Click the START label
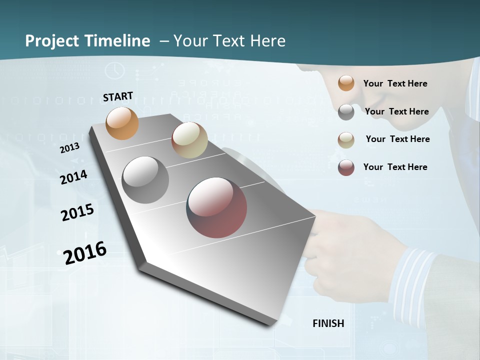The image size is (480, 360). [x=118, y=96]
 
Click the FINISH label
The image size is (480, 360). [x=328, y=323]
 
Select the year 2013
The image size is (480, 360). [x=70, y=147]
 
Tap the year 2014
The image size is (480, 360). [x=73, y=177]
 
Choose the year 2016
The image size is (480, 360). [x=85, y=252]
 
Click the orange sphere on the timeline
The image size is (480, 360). [x=122, y=123]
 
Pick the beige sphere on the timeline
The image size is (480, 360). [x=189, y=140]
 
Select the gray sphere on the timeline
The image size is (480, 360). [x=145, y=180]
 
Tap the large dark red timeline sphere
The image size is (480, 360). [x=216, y=207]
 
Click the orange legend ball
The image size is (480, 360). [x=346, y=83]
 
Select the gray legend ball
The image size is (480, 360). [x=346, y=112]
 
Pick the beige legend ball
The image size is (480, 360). [x=346, y=140]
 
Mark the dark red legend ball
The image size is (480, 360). [x=346, y=167]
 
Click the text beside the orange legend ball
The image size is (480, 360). [x=395, y=83]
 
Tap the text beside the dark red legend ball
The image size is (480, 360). [x=395, y=167]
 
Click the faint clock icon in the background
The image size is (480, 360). [x=115, y=70]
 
